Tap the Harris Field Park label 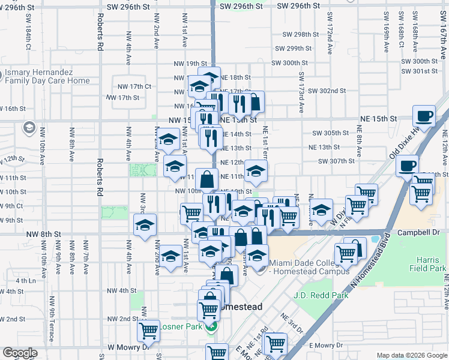(429, 264)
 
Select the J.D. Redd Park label (321, 295)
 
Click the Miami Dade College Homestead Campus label (309, 267)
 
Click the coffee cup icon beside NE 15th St (425, 116)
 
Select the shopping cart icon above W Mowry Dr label (148, 329)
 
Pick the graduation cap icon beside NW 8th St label (145, 225)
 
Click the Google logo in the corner (19, 353)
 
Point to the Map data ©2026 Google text (411, 355)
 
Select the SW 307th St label (336, 161)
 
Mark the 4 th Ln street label (26, 280)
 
